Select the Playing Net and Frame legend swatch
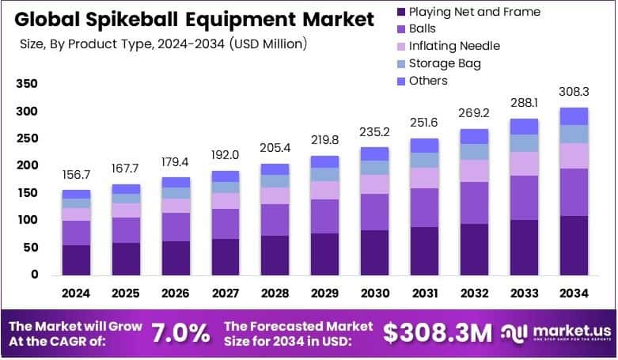[402, 12]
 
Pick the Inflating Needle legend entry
[454, 46]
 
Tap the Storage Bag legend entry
[444, 63]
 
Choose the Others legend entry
[427, 81]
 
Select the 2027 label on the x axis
[226, 294]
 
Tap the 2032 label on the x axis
[475, 294]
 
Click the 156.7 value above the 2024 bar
[76, 176]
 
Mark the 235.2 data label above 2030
[375, 132]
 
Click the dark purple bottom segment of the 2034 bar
[574, 245]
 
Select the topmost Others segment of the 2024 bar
[76, 194]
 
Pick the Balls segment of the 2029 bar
[325, 216]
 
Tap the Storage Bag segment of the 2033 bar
[525, 143]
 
